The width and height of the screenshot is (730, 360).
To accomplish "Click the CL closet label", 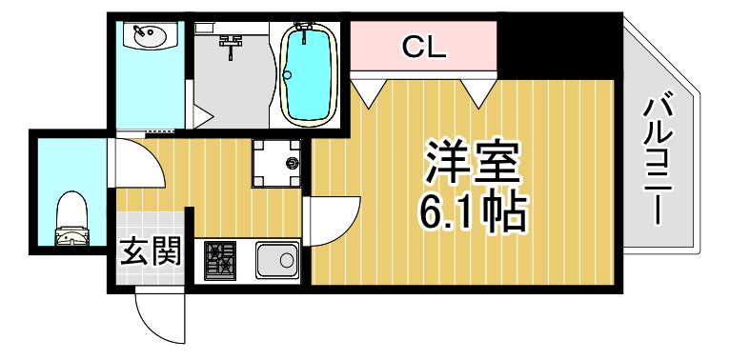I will point(424,47).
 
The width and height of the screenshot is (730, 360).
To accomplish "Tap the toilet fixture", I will point(71,220).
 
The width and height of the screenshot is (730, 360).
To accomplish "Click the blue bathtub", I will point(308,75).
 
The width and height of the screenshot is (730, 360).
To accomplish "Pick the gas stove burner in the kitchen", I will point(222,260).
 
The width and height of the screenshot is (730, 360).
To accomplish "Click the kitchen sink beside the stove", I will point(277,259).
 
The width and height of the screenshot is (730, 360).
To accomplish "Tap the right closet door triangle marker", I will point(478,91).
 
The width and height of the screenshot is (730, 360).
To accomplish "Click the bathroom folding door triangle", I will point(202,117).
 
